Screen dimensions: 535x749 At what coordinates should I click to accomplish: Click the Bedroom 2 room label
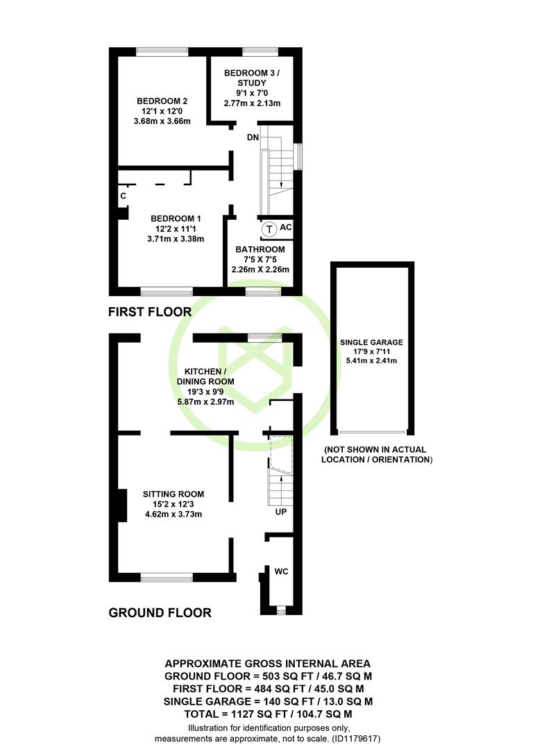point(162,101)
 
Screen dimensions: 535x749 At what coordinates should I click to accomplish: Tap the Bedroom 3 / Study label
point(252,78)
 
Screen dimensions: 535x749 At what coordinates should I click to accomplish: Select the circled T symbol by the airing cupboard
point(269,230)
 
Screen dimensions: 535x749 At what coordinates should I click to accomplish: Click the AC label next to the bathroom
point(285,227)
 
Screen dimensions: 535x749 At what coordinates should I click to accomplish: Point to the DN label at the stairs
point(253,137)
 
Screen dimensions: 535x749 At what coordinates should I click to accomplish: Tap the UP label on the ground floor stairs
point(281,512)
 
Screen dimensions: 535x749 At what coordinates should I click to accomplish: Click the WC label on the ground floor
point(281,571)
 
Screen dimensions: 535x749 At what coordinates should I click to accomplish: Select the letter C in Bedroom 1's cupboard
point(124,196)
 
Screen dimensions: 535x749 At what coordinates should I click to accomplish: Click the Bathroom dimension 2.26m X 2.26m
point(261,269)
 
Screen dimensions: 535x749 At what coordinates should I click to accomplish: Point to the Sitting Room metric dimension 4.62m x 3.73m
point(173,515)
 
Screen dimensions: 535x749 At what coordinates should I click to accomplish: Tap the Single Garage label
point(371,343)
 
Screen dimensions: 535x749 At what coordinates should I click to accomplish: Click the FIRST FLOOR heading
point(150,312)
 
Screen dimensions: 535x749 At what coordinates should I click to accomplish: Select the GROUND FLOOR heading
point(160,613)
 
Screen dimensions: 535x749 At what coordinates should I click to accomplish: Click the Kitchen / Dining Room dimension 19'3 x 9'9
point(205,392)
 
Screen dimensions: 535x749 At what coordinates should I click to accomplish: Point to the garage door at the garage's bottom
point(373,432)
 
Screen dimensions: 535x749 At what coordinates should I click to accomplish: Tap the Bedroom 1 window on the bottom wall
point(167,291)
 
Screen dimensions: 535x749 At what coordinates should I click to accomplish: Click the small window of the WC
point(281,610)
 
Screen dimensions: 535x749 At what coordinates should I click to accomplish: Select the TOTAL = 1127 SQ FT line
point(269,714)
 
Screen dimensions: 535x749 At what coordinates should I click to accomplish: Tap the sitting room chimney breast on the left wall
point(122,505)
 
